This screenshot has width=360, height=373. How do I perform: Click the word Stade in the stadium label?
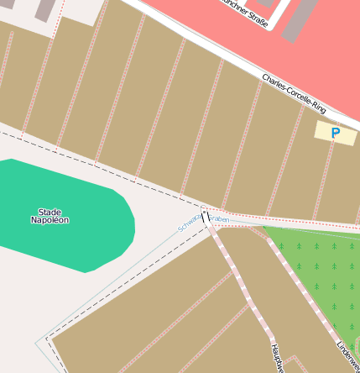point(50,212)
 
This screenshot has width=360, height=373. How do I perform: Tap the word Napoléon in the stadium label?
point(50,220)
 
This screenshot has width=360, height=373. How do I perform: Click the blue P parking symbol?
point(336,133)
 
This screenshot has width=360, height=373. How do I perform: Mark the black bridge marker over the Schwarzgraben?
point(205,218)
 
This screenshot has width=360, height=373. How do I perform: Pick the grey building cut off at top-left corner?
point(44,8)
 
